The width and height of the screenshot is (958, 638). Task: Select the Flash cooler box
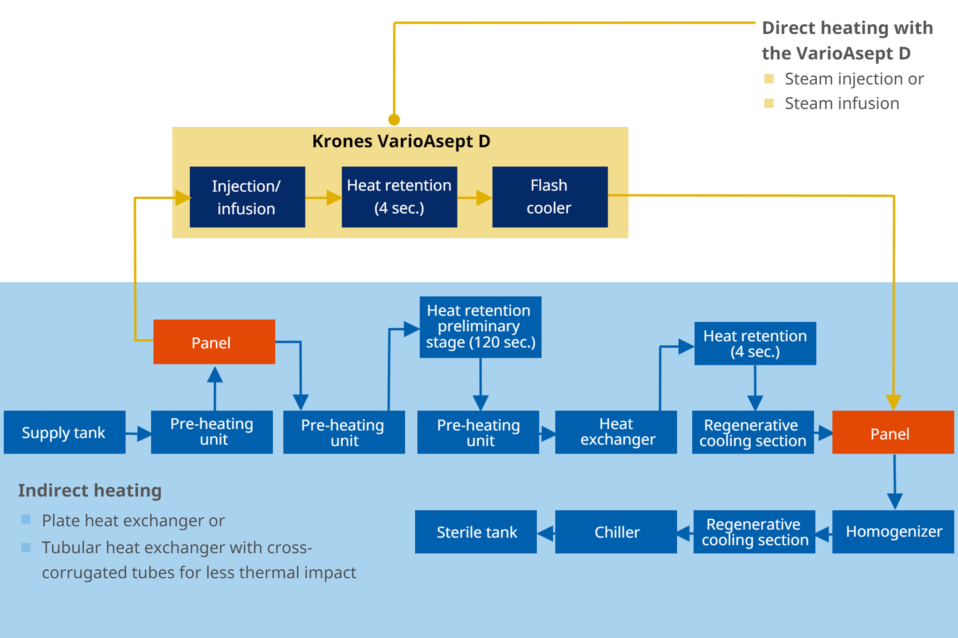coord(550,197)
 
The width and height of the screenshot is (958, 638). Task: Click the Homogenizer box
coord(893,532)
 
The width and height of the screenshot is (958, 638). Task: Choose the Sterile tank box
coord(476,532)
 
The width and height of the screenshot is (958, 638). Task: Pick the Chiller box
coord(616,532)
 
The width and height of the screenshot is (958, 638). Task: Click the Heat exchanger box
coord(616,432)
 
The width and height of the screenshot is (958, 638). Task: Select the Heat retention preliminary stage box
coord(481,327)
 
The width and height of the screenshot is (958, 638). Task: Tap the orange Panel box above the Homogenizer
coord(893,432)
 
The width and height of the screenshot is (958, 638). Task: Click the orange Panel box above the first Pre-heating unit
coord(214,342)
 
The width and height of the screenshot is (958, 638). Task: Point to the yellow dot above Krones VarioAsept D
coord(394,120)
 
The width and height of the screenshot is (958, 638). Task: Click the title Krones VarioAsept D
coord(401,142)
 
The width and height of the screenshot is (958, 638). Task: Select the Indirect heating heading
coord(90,490)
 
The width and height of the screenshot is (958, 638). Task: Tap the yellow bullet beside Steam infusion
coord(769,103)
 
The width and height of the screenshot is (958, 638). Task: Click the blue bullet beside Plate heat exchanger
coord(25,519)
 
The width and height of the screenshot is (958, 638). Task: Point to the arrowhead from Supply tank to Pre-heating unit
coord(144,434)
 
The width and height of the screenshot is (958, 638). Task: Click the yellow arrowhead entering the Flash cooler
coord(484,198)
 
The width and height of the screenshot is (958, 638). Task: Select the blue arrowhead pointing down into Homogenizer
coord(895,501)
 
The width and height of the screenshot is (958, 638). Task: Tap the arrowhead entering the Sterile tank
coord(545,533)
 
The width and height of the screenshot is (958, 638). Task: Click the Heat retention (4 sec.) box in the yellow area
coord(399,197)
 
